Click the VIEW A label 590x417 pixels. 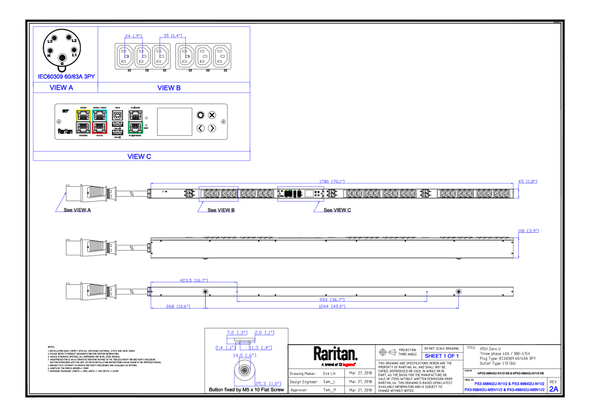(61, 88)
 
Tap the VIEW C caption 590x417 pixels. (140, 156)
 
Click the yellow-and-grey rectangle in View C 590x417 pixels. (83, 121)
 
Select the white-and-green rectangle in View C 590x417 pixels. (135, 121)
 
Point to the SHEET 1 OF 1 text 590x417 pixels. (441, 356)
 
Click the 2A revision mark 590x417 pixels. (554, 389)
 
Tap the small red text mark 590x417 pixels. (348, 364)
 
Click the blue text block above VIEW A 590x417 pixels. (66, 77)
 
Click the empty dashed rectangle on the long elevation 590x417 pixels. (218, 194)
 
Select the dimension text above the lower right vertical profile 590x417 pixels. (528, 231)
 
